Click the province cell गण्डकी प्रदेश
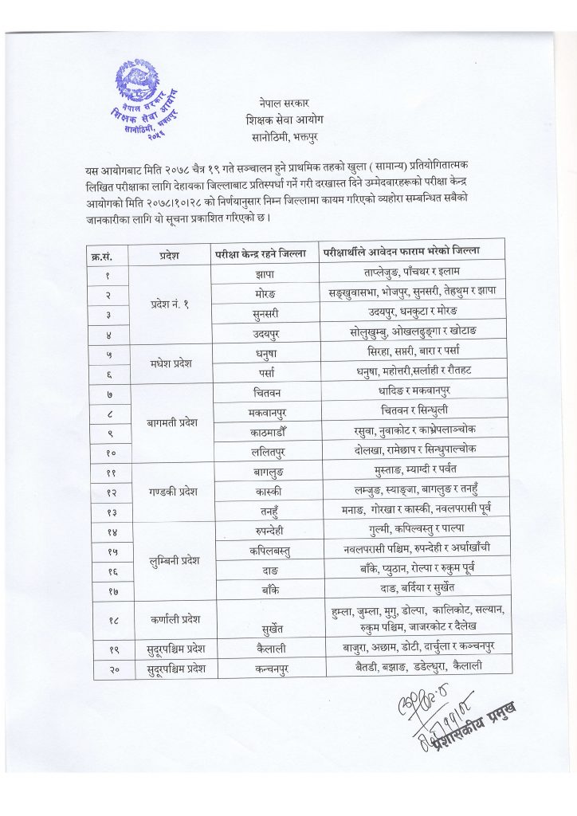point(169,491)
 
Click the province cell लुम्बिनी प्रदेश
point(170,562)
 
